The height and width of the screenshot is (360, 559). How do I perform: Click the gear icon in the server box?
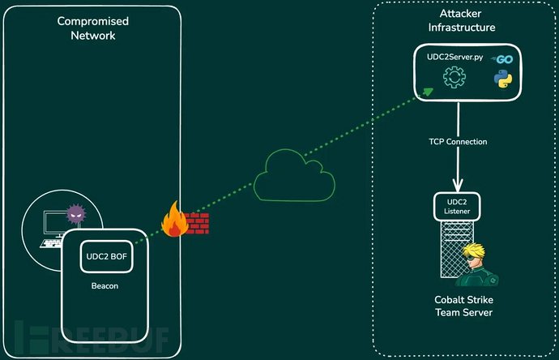452,79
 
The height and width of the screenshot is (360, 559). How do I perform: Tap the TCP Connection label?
459,142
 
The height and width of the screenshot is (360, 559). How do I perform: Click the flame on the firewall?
173,221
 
